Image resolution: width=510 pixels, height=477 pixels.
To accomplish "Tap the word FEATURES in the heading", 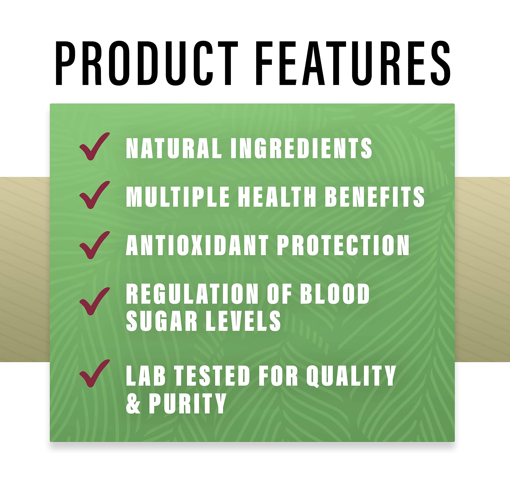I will click(x=353, y=63).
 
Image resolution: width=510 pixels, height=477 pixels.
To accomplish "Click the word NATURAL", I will click(x=174, y=148).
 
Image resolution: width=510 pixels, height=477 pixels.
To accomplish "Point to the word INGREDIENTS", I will click(x=301, y=148).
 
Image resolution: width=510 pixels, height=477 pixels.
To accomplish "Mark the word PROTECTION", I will click(x=343, y=245).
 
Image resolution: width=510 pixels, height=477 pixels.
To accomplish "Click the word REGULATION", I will click(x=192, y=294).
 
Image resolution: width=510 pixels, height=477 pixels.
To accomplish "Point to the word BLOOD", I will click(x=335, y=294).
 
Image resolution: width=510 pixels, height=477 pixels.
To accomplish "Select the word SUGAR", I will click(x=161, y=321).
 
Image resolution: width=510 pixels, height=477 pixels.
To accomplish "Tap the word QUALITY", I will click(x=351, y=376).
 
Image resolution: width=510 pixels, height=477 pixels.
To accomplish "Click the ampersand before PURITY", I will click(x=133, y=403).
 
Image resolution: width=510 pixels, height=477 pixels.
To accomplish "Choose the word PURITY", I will click(x=187, y=403).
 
